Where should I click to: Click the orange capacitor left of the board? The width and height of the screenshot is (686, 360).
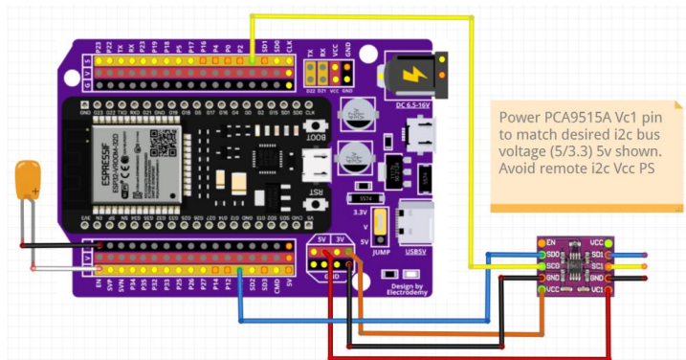(x=27, y=182)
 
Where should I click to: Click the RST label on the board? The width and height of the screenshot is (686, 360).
(x=315, y=191)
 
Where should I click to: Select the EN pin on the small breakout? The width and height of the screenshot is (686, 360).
(x=552, y=243)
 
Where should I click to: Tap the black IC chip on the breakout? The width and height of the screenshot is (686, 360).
(x=575, y=265)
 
